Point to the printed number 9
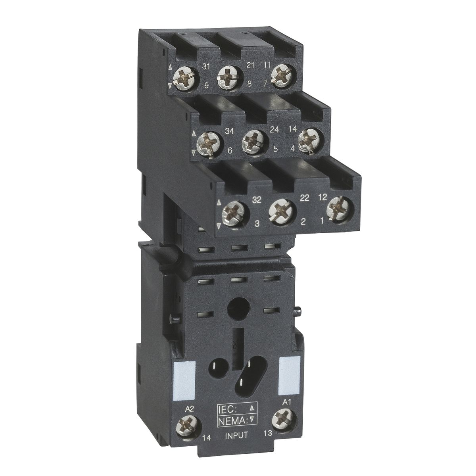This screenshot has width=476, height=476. (207, 84)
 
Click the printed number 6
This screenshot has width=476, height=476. (229, 151)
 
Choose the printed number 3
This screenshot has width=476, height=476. (257, 225)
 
